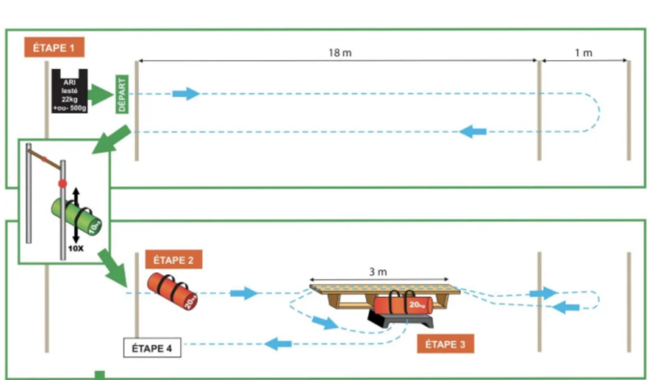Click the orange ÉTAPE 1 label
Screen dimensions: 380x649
click(54, 48)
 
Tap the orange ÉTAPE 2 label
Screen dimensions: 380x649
click(174, 259)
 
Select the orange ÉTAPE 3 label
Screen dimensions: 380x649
click(445, 344)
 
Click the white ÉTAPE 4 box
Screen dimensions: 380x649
click(151, 348)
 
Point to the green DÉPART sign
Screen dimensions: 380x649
click(122, 95)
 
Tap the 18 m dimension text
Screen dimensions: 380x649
click(340, 53)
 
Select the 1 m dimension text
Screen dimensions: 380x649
click(583, 53)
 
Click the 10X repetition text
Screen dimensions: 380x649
click(75, 249)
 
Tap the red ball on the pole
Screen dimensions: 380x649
click(62, 183)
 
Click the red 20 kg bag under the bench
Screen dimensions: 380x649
click(402, 306)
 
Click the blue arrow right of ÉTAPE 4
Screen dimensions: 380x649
click(277, 344)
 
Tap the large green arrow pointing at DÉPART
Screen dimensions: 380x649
click(99, 95)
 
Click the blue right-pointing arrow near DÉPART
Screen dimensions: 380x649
click(185, 94)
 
